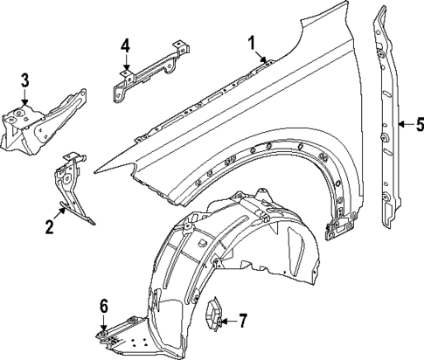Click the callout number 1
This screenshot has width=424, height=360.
[252, 42]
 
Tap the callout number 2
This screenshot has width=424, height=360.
[49, 227]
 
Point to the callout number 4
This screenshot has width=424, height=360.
[126, 45]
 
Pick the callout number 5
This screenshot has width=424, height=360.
[419, 126]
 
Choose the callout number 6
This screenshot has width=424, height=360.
[103, 305]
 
